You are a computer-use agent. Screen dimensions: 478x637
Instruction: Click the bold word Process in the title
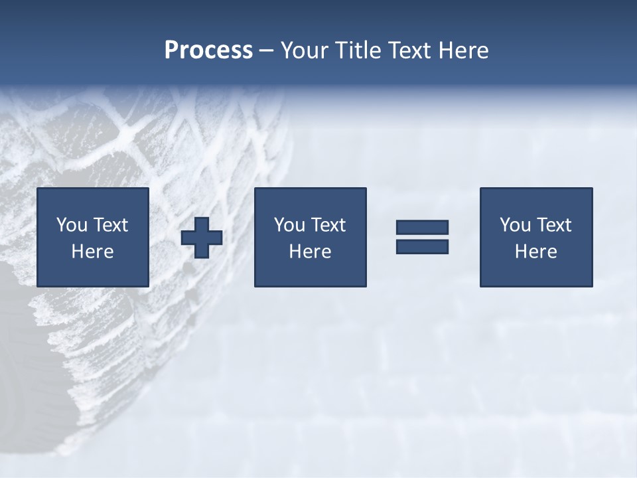[x=208, y=50]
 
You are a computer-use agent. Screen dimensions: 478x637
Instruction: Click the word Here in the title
[x=464, y=50]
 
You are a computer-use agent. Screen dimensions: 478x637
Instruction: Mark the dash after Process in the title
[x=266, y=51]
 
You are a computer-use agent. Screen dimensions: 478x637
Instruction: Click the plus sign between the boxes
[x=202, y=238]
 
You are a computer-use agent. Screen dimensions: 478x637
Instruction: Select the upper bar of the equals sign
[x=422, y=227]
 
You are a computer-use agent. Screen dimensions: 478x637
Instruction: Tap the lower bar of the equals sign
[x=422, y=246]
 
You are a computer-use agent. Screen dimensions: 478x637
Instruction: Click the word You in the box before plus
[x=72, y=225]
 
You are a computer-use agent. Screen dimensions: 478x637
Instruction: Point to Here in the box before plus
[x=93, y=252]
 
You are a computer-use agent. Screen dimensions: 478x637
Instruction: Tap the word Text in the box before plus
[x=110, y=225]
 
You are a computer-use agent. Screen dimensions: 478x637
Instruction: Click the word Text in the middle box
[x=328, y=225]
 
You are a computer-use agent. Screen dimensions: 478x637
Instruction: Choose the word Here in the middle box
[x=311, y=252]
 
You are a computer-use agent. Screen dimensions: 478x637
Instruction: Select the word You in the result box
[x=515, y=225]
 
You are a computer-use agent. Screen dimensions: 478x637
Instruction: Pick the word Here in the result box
[x=536, y=252]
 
